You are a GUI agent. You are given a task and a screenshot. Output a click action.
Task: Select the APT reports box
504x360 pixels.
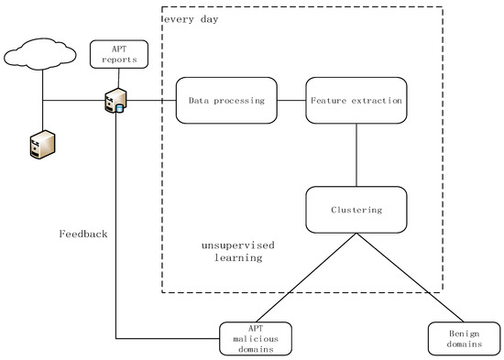pyautogui.click(x=118, y=54)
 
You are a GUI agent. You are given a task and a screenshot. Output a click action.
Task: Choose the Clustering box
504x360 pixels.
pyautogui.click(x=356, y=210)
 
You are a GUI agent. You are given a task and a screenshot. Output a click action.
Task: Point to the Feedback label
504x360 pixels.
pyautogui.click(x=82, y=235)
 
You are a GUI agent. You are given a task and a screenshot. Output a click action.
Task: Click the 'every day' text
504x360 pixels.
pyautogui.click(x=192, y=19)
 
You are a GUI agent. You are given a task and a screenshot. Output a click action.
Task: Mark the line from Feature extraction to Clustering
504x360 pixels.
pyautogui.click(x=356, y=156)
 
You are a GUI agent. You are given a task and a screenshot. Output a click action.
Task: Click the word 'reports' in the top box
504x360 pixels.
pyautogui.click(x=118, y=60)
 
